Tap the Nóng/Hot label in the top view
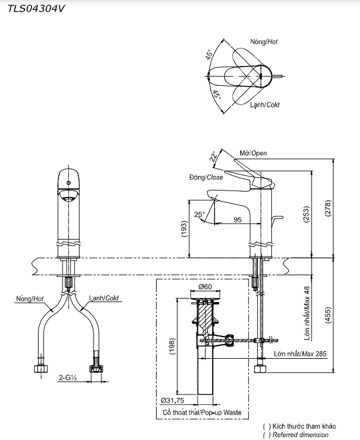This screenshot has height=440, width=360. click(264, 43)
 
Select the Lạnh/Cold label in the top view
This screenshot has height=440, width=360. click(265, 105)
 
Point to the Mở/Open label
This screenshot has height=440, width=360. click(253, 153)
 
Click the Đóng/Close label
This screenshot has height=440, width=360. click(206, 178)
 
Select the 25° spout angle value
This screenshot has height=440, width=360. click(199, 214)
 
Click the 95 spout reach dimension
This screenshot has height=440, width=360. click(238, 220)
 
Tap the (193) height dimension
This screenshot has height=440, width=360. click(184, 228)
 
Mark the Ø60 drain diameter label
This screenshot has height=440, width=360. click(205, 286)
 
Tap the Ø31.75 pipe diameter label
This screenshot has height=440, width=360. click(173, 401)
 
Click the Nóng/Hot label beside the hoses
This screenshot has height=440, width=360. click(30, 299)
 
